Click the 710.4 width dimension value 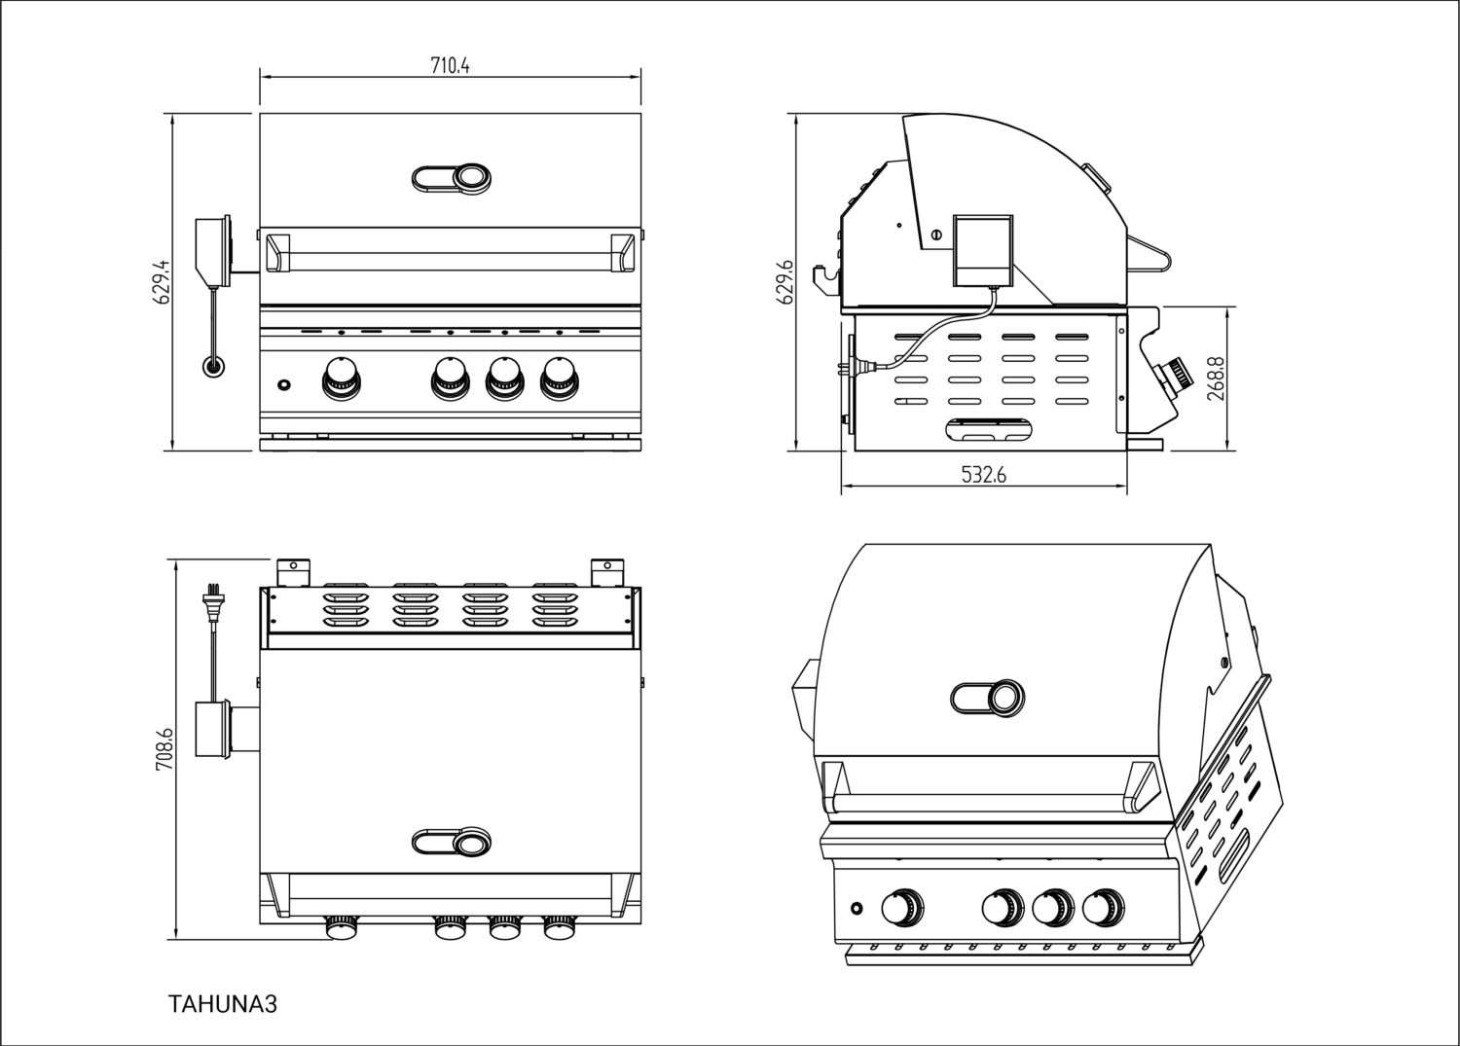(x=450, y=66)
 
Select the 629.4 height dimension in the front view (x=164, y=281)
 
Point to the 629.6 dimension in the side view (x=787, y=282)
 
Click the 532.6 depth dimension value (x=983, y=475)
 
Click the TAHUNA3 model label (x=223, y=1004)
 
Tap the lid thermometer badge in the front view (x=452, y=178)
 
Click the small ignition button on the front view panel (x=283, y=385)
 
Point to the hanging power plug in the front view (x=211, y=367)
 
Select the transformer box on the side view (x=982, y=249)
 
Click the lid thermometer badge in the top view (x=452, y=843)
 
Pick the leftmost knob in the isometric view (x=899, y=908)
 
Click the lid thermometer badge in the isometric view (x=987, y=697)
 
